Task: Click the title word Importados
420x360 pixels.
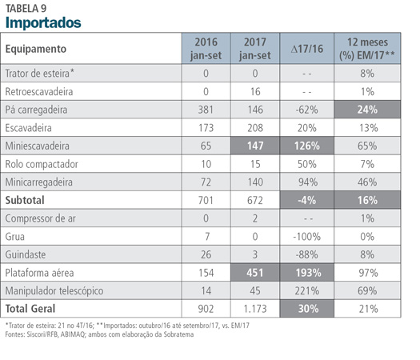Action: (x=43, y=22)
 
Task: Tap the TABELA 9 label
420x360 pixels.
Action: (x=26, y=9)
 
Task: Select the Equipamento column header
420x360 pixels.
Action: (x=36, y=49)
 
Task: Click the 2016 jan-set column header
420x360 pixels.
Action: (x=206, y=49)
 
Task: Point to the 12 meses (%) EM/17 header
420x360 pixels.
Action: (x=367, y=49)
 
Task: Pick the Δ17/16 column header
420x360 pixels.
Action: (x=307, y=49)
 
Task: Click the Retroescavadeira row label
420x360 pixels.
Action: (x=39, y=92)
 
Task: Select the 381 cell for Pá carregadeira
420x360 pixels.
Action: (x=206, y=110)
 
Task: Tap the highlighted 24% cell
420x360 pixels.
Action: (x=367, y=110)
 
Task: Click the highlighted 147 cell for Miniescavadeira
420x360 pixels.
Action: (x=255, y=146)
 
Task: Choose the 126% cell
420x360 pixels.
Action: (x=307, y=146)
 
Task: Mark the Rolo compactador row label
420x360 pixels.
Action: (x=42, y=164)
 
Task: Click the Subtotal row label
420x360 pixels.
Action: (x=25, y=200)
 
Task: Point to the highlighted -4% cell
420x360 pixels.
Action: (x=307, y=200)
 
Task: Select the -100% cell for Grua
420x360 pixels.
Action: (x=307, y=237)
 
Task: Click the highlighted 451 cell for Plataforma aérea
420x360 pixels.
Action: (x=255, y=273)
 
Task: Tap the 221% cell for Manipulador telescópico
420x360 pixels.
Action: (x=307, y=290)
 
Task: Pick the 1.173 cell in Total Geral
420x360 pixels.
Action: (x=255, y=309)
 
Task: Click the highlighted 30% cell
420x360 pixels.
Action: (x=307, y=309)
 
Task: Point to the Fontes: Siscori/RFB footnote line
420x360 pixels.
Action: (x=99, y=334)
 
